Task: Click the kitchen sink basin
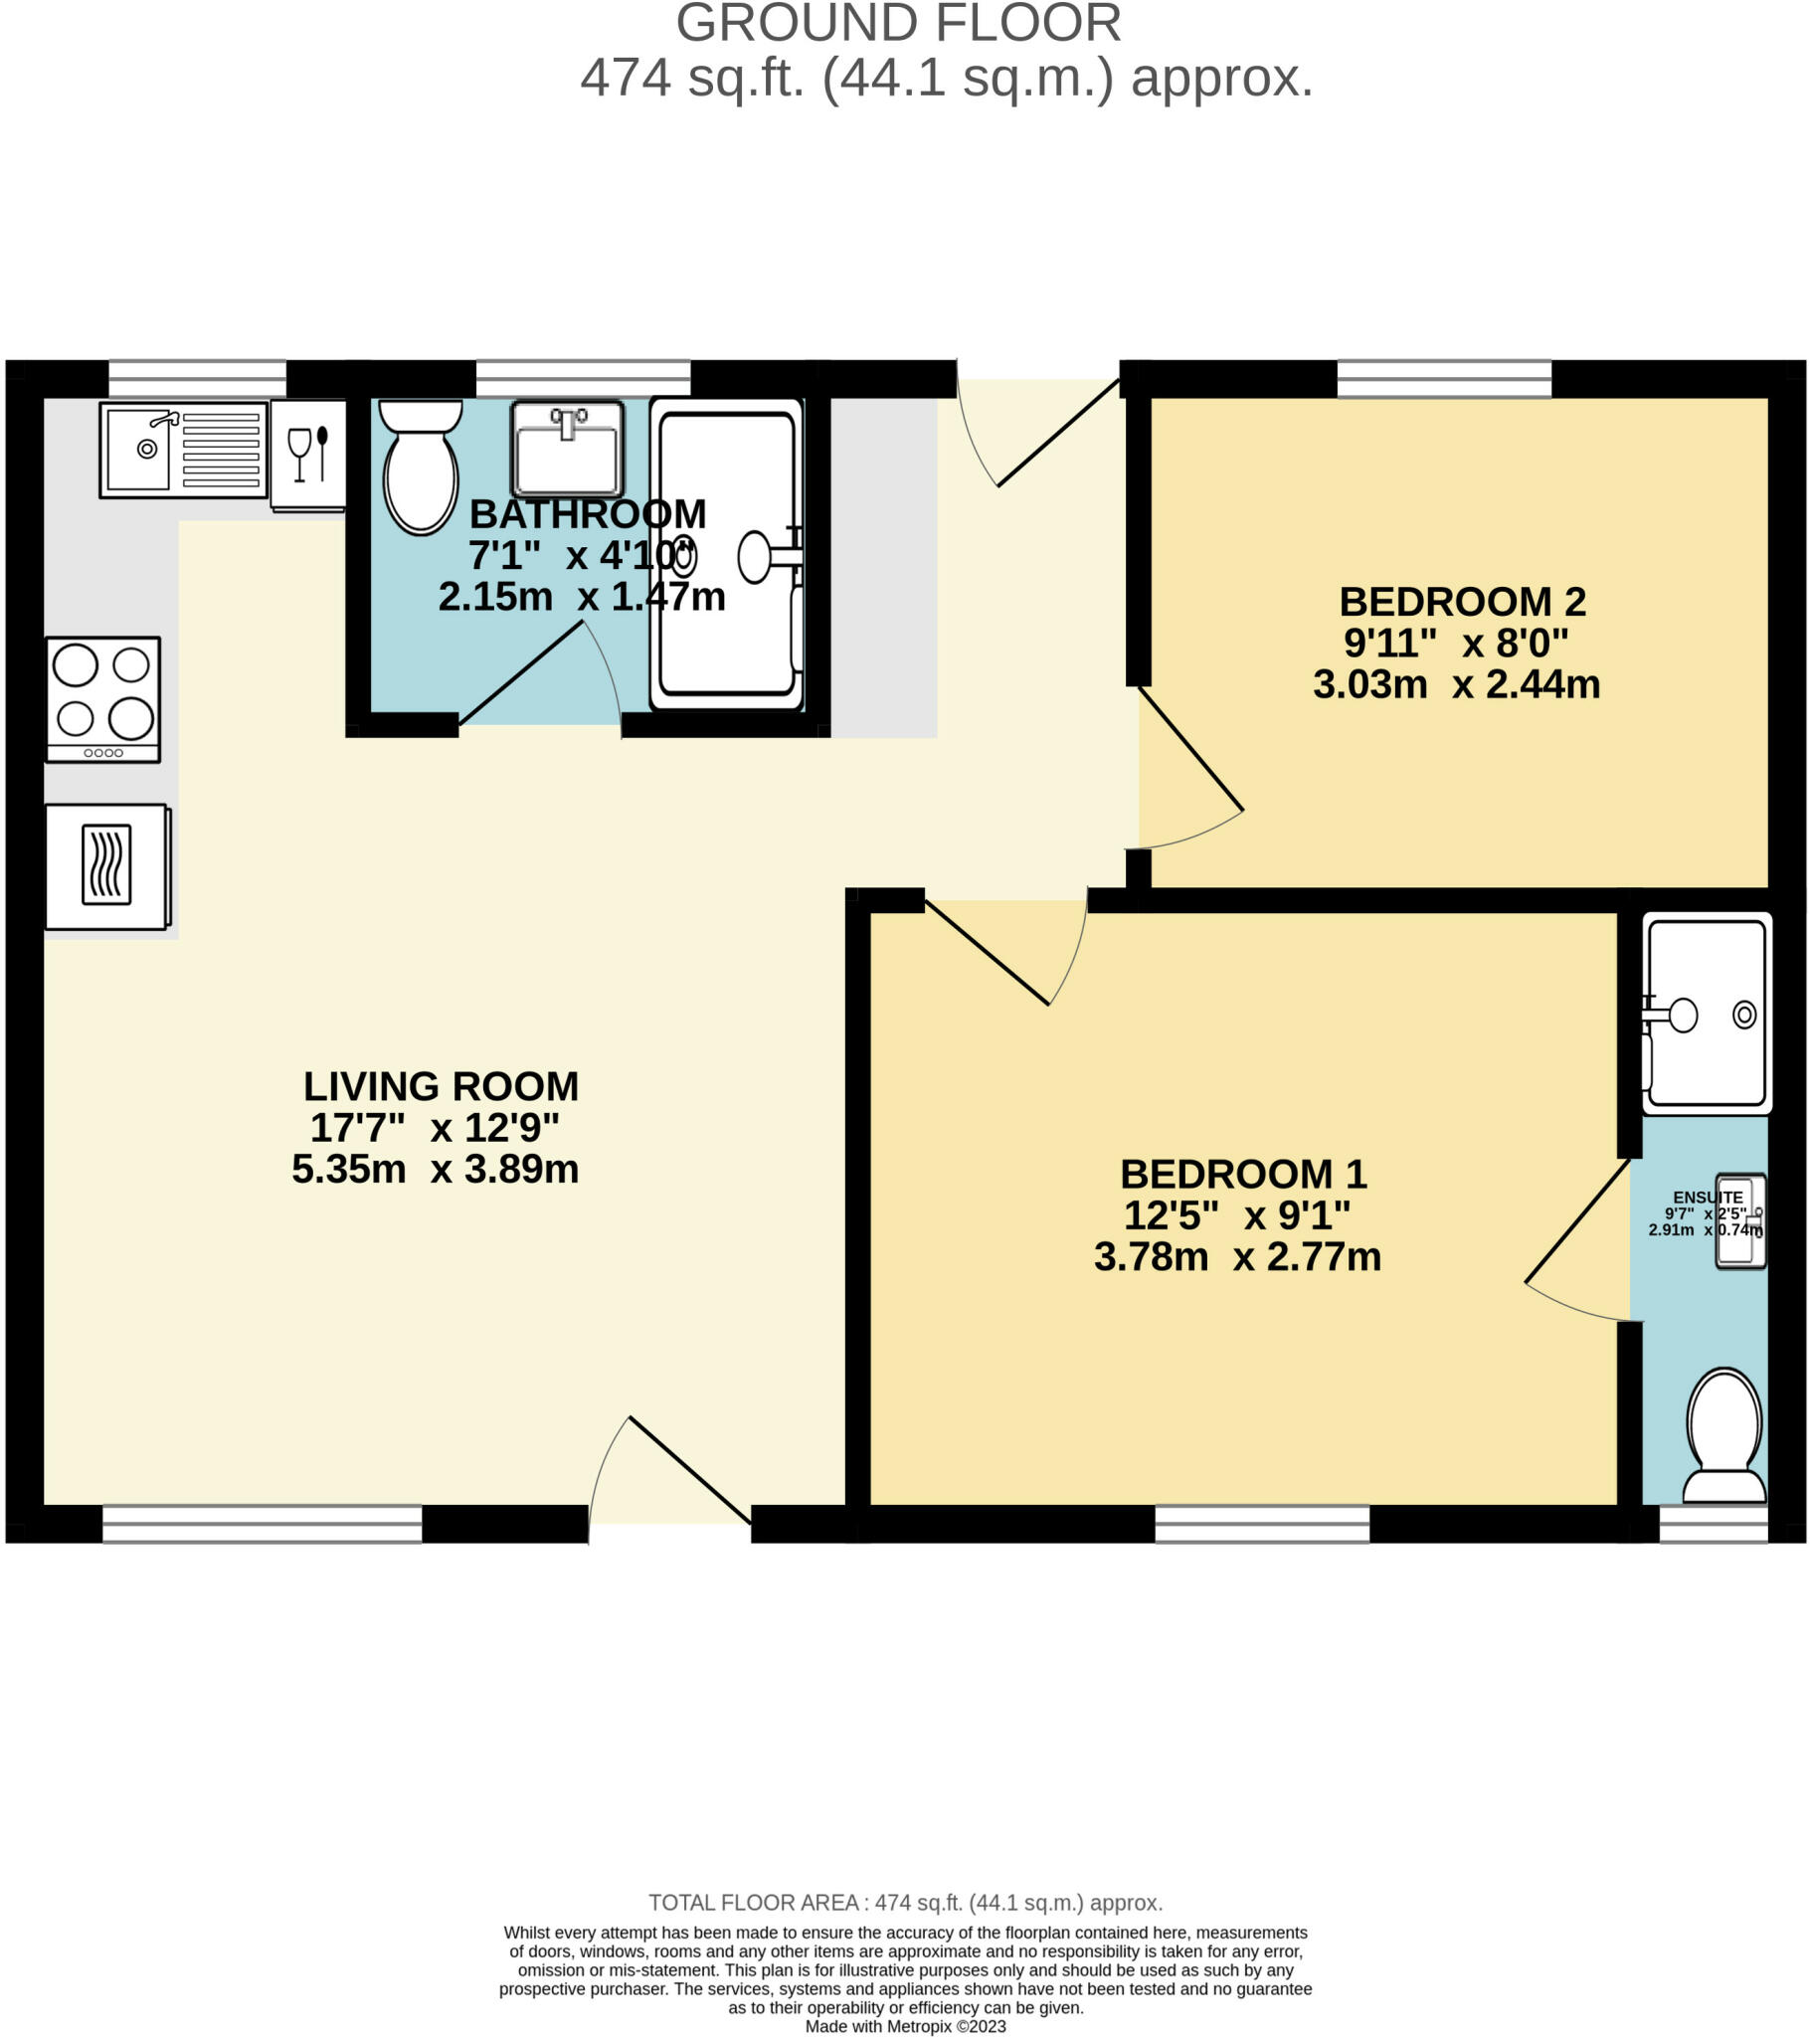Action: coord(139,449)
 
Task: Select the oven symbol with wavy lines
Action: coord(106,865)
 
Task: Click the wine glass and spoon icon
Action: coord(308,455)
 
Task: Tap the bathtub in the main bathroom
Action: coord(727,553)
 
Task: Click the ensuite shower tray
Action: coord(1707,1013)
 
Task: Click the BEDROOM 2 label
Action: coord(1462,602)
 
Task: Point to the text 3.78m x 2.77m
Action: coord(1237,1257)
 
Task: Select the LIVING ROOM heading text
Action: coord(441,1086)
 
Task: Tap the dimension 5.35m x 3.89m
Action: coord(435,1169)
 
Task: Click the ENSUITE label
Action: coord(1708,1198)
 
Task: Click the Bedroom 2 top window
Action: coord(1443,379)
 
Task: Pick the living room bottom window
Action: coord(263,1524)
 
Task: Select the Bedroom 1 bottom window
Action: coord(1262,1524)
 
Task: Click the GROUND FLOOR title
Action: coord(898,24)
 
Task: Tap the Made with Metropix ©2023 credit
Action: coord(905,2026)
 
